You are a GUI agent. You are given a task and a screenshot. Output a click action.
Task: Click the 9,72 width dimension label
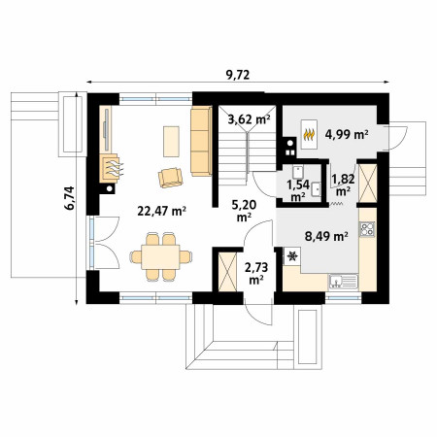click(x=238, y=75)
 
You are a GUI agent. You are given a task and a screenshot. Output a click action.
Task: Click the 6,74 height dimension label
click(x=69, y=198)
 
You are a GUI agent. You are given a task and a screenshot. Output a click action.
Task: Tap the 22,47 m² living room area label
click(x=161, y=211)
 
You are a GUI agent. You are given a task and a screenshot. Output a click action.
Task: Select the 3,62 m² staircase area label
click(x=249, y=119)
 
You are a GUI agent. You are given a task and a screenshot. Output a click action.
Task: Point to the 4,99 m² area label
click(x=347, y=134)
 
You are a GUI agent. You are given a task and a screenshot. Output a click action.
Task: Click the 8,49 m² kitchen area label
click(x=326, y=236)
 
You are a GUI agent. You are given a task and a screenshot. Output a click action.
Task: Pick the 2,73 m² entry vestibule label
click(x=256, y=274)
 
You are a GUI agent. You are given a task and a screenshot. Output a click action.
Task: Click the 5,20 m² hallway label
click(x=244, y=211)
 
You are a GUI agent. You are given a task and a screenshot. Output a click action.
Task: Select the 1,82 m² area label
click(x=343, y=185)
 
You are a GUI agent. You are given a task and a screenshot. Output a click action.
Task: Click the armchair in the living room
click(x=170, y=178)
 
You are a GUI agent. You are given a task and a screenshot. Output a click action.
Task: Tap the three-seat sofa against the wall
click(x=201, y=142)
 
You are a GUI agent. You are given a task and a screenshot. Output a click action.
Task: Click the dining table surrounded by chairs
click(x=160, y=257)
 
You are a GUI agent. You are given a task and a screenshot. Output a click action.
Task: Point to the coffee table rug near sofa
click(x=171, y=142)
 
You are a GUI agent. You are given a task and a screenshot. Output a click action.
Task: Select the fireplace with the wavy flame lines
click(x=112, y=168)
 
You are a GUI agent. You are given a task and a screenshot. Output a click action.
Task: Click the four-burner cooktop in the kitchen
click(x=367, y=229)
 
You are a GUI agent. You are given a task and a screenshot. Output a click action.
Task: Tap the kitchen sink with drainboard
click(x=344, y=282)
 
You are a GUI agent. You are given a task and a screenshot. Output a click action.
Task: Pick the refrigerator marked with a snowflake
click(x=292, y=256)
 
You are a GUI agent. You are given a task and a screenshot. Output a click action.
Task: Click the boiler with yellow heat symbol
click(x=309, y=134)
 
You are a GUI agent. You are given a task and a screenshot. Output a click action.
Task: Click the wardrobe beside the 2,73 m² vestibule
click(x=227, y=272)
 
